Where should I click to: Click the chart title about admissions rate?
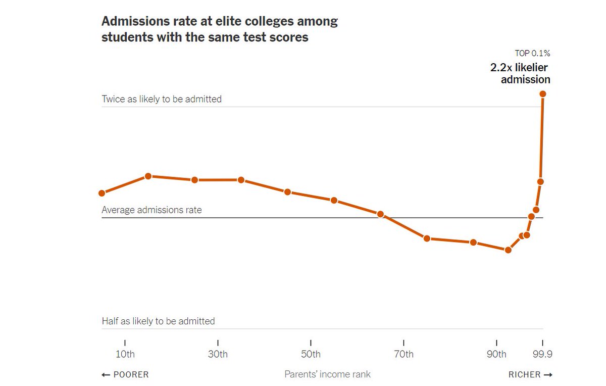[x=219, y=29]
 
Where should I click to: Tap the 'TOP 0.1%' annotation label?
[x=532, y=53]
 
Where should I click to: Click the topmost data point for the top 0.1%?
[x=543, y=93]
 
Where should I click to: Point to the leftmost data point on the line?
[x=102, y=193]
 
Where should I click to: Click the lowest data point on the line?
[x=508, y=250]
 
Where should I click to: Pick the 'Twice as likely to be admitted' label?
[x=162, y=99]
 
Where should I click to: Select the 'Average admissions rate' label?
[x=151, y=210]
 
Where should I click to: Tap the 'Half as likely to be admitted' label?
[x=158, y=321]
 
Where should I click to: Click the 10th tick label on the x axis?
[x=125, y=354]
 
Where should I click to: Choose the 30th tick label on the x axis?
[x=218, y=354]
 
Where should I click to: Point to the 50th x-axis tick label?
[x=311, y=354]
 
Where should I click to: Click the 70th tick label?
[x=403, y=354]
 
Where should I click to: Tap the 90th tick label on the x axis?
[x=496, y=354]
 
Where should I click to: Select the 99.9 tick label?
[x=543, y=354]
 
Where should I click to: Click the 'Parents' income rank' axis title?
[x=327, y=374]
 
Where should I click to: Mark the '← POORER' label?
[x=125, y=374]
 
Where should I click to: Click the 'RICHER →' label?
[x=530, y=374]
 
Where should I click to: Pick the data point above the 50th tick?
[x=287, y=192]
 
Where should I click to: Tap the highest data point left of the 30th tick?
[x=148, y=176]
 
